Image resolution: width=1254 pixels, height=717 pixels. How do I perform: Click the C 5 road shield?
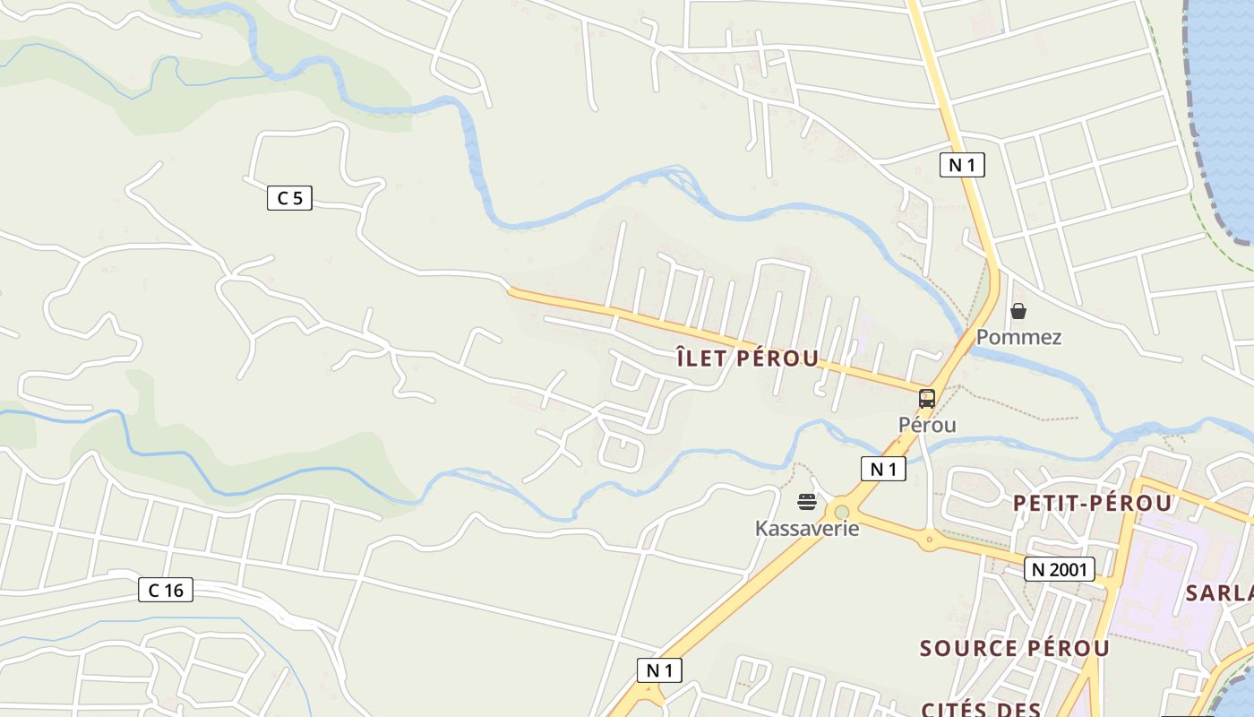[289, 198]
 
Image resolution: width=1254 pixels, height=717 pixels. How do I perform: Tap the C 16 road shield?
[166, 590]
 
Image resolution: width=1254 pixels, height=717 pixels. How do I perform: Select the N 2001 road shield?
[1060, 569]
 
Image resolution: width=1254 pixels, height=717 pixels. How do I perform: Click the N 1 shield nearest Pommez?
[962, 165]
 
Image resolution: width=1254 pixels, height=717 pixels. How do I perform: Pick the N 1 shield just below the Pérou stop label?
[883, 468]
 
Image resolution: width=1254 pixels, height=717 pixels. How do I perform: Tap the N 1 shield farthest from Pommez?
[659, 669]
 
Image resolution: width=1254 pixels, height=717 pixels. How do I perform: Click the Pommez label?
[1018, 337]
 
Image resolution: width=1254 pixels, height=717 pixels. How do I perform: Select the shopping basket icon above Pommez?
[1018, 311]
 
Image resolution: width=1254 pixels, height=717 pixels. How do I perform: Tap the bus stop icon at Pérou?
[927, 399]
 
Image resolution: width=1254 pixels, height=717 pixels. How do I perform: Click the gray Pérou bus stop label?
[927, 425]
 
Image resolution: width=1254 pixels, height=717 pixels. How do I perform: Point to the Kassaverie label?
[807, 528]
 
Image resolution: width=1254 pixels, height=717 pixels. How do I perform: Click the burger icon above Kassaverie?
[807, 502]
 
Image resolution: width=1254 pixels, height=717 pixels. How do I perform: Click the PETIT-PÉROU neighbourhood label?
[1092, 504]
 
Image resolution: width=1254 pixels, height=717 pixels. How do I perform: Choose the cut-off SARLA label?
[1219, 592]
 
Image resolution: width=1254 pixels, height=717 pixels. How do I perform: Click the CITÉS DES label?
[980, 709]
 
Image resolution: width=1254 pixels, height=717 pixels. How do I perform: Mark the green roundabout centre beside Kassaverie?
[841, 513]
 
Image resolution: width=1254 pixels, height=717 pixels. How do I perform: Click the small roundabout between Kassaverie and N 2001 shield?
[929, 540]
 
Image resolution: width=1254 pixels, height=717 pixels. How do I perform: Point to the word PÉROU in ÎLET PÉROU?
[777, 359]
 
